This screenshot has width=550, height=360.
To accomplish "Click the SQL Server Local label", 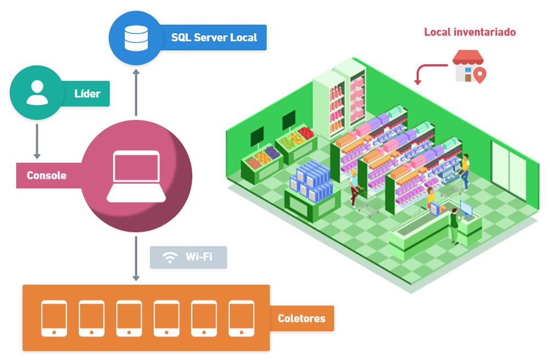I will pyautogui.click(x=214, y=37).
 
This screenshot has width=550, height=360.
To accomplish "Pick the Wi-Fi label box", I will pyautogui.click(x=189, y=257).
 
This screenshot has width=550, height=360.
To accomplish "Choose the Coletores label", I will pyautogui.click(x=301, y=318).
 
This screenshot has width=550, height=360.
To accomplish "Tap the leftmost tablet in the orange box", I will pyautogui.click(x=54, y=318).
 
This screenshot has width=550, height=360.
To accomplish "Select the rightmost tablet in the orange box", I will pyautogui.click(x=241, y=318).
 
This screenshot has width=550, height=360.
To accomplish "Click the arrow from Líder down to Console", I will pyautogui.click(x=37, y=141).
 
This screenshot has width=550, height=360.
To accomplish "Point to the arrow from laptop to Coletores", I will pyautogui.click(x=135, y=258).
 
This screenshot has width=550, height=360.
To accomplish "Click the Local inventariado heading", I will pyautogui.click(x=470, y=32).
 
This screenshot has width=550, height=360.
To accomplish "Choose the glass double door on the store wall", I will pyautogui.click(x=508, y=165).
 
